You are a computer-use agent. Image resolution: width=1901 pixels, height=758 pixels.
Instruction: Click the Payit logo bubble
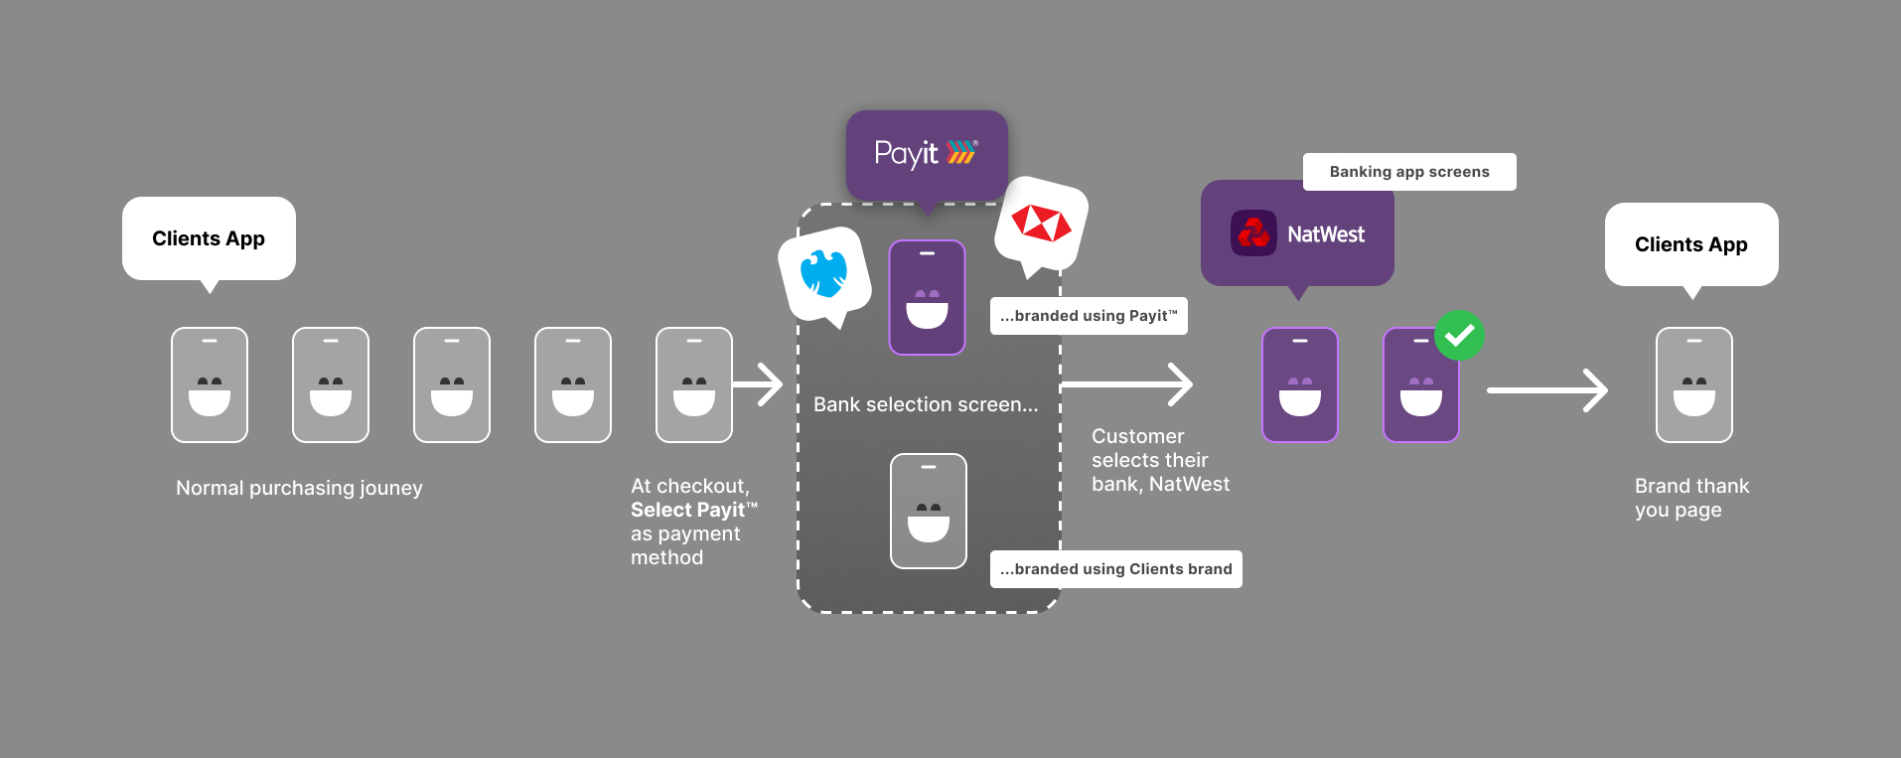926,154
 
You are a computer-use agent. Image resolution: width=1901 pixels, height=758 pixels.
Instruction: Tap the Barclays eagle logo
824,273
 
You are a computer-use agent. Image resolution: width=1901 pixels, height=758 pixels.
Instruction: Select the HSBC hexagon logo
1041,224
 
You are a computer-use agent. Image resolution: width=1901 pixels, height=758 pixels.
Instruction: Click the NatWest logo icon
1253,234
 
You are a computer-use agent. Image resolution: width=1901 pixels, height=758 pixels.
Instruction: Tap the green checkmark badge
1459,336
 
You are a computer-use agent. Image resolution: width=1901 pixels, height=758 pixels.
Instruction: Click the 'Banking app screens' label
1408,172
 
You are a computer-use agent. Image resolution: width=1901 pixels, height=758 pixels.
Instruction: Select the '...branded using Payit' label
1089,316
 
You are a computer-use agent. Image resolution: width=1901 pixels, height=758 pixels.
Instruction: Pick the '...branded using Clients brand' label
1115,569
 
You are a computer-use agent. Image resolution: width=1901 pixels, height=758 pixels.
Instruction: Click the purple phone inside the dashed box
927,297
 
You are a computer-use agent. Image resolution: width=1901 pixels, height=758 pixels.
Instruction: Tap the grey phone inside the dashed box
928,511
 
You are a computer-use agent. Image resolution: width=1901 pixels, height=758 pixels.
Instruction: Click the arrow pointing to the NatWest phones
1127,384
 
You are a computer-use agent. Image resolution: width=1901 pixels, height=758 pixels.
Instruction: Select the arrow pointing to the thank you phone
1546,390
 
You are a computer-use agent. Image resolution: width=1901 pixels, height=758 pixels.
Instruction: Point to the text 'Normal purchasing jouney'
299,488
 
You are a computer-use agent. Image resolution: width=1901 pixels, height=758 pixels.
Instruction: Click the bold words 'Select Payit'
688,510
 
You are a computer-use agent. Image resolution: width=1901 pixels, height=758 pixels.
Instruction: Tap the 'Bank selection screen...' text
925,404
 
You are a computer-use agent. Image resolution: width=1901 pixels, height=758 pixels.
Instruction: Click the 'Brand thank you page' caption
1691,498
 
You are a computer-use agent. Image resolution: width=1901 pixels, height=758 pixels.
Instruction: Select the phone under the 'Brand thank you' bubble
1693,384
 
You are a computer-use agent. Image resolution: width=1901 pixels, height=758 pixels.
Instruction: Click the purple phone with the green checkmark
1420,385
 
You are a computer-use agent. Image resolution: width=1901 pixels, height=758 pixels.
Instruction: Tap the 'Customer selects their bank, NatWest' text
1159,460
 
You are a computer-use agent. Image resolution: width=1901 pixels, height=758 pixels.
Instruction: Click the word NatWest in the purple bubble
1326,234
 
